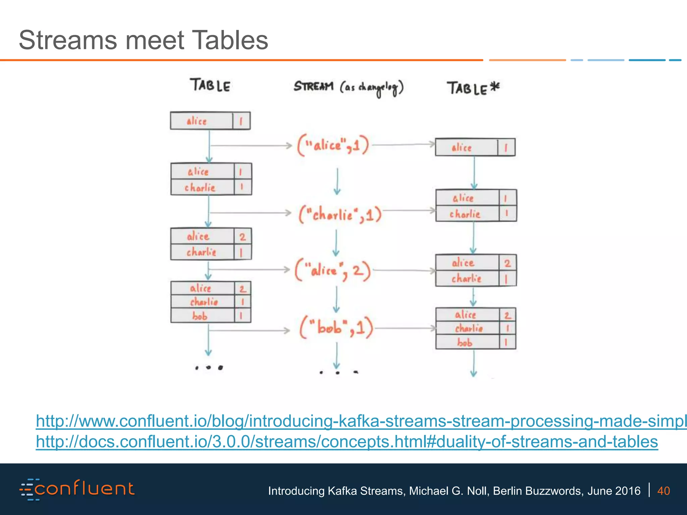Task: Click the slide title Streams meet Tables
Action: pos(143,40)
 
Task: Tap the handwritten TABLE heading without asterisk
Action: pos(210,85)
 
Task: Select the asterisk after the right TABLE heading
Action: pos(494,87)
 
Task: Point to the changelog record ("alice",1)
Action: pos(333,146)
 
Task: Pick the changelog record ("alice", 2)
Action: pos(333,270)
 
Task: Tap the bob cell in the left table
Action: pos(200,316)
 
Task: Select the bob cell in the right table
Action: pos(465,342)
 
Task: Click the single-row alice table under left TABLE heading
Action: pos(210,121)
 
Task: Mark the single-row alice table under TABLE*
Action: pos(475,147)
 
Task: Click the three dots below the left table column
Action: pos(209,368)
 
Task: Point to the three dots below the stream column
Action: pos(337,372)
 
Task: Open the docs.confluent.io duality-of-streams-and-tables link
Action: pos(347,442)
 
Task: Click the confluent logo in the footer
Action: pos(77,489)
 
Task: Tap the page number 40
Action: pos(663,491)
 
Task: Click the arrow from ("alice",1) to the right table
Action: pos(404,145)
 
